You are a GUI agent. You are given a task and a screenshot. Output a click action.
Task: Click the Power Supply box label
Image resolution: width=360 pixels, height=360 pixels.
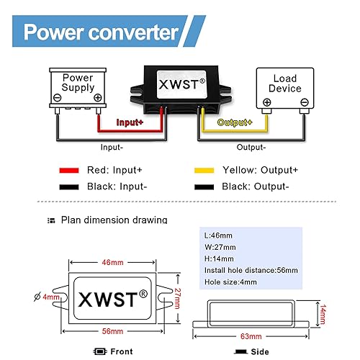78,83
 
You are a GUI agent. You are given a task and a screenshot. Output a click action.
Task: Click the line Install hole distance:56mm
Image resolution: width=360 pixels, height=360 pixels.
251,270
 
